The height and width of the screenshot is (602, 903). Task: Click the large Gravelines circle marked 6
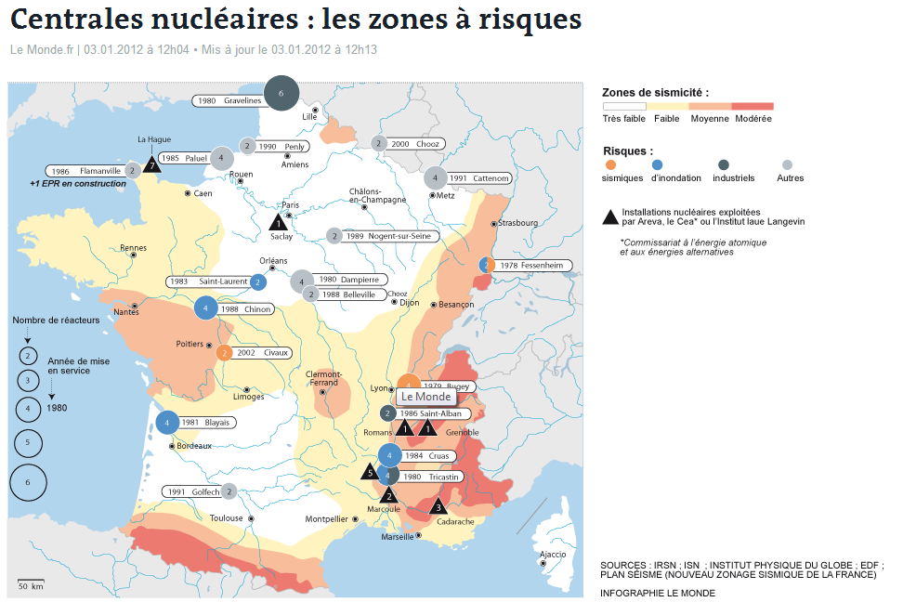(x=281, y=94)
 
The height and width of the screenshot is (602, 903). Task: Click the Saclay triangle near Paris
(x=277, y=222)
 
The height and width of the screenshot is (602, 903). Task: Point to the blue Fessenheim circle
(x=485, y=266)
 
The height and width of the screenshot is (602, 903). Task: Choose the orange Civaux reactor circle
(x=224, y=353)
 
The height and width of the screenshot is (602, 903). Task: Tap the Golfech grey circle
(x=229, y=491)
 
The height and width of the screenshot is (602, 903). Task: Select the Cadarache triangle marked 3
(x=438, y=506)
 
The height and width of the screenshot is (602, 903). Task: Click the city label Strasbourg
(x=517, y=223)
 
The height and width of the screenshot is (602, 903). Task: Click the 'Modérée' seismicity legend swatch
(x=752, y=106)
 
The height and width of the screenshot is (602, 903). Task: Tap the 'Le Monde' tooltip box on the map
(x=425, y=397)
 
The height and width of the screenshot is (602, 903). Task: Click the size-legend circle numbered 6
(x=28, y=482)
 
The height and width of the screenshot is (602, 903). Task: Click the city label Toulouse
(x=226, y=518)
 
